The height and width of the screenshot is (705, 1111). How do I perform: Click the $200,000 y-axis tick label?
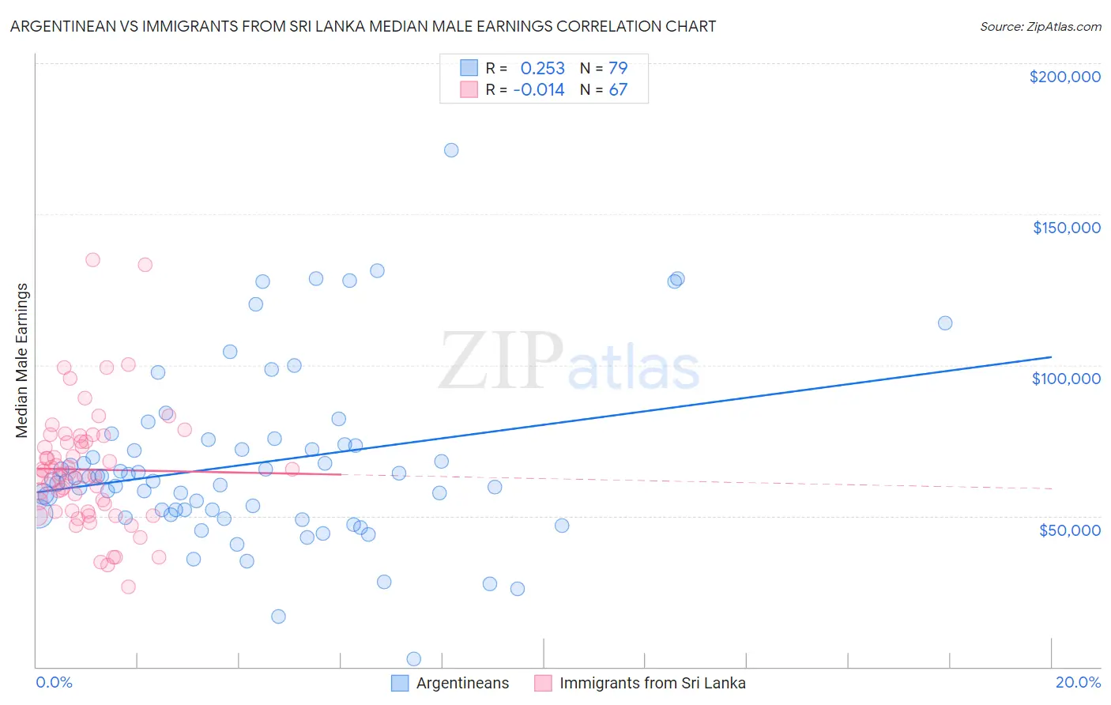point(1064,77)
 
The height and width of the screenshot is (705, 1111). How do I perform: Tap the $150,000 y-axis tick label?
point(1066,228)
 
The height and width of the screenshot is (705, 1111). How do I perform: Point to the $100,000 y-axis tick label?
point(1066,379)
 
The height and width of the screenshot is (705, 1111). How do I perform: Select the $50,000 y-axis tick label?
point(1069,530)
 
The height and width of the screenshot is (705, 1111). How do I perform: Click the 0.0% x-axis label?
point(54,682)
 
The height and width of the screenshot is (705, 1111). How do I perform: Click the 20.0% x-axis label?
point(1078,682)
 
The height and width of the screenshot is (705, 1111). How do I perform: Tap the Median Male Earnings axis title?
point(22,360)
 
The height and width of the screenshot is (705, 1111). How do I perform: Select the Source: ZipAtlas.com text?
point(1040,27)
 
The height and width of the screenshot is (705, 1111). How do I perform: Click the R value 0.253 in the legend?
point(542,68)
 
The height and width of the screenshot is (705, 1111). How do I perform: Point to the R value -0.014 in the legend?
point(539,90)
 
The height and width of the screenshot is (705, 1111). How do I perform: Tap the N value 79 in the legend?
point(617,68)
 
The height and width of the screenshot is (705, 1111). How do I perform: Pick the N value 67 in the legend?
point(617,90)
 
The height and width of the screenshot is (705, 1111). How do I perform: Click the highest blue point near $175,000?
point(451,150)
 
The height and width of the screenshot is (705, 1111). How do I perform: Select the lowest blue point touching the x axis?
point(413,658)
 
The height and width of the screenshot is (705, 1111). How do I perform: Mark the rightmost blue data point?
point(944,323)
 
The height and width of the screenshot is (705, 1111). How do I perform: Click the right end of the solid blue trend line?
point(1051,357)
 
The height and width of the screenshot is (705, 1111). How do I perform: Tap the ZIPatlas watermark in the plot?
point(569,361)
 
